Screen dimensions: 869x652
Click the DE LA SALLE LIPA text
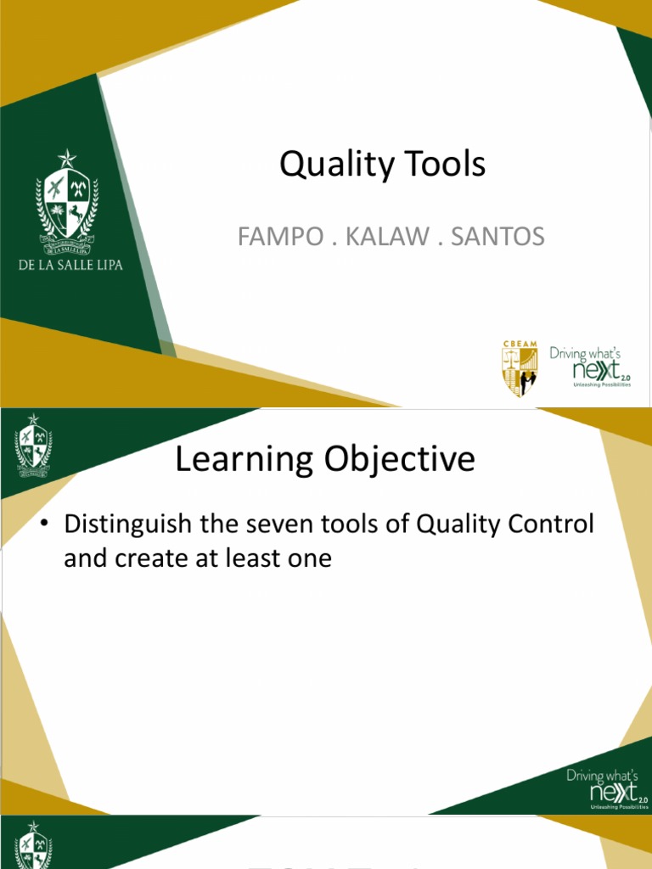(x=70, y=265)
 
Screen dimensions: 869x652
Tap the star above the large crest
(x=66, y=159)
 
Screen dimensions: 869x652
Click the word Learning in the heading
(x=239, y=460)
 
